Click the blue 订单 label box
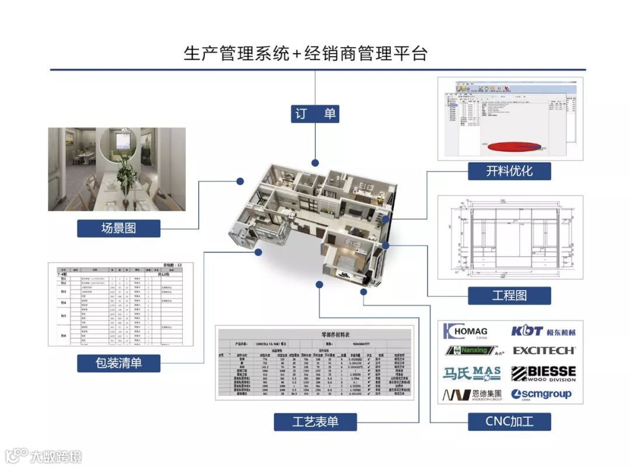pyautogui.click(x=315, y=114)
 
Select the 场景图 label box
pyautogui.click(x=118, y=228)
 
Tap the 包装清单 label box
pyautogui.click(x=118, y=363)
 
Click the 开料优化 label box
pyautogui.click(x=509, y=171)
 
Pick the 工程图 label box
pyautogui.click(x=509, y=295)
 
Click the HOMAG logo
pyautogui.click(x=466, y=331)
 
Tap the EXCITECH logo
pyautogui.click(x=544, y=351)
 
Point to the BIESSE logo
pyautogui.click(x=543, y=373)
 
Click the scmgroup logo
pyautogui.click(x=541, y=394)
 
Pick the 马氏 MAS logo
pyautogui.click(x=471, y=373)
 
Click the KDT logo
pyautogui.click(x=543, y=331)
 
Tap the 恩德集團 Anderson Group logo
pyautogui.click(x=471, y=395)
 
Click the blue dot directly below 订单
pyautogui.click(x=315, y=163)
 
